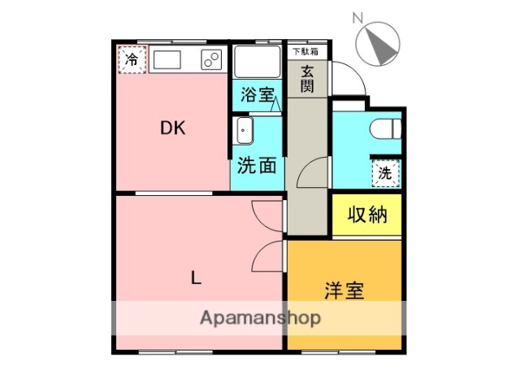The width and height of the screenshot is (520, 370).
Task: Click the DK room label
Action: (172, 128)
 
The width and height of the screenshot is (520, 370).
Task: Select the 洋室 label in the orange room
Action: (344, 289)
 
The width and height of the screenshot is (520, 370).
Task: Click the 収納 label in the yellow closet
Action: (366, 215)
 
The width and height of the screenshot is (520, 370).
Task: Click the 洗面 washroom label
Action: (257, 166)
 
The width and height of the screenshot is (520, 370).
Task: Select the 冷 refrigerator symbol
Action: (132, 59)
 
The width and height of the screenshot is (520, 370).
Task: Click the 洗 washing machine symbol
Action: (387, 172)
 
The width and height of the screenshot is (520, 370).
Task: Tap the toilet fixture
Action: (388, 128)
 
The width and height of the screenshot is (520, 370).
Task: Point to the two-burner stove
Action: (212, 59)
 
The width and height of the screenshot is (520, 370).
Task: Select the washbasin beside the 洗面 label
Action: (244, 130)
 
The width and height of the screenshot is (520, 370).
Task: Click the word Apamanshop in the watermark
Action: (260, 318)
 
